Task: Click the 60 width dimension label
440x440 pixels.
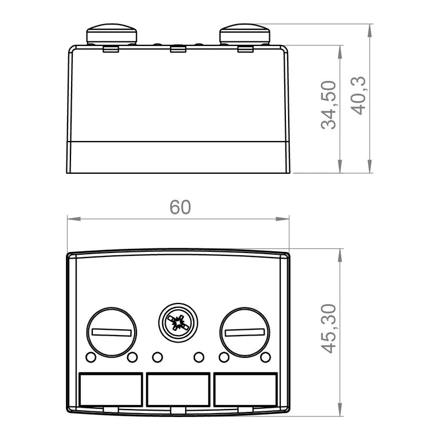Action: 180,207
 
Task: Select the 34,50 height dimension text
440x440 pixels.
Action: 329,105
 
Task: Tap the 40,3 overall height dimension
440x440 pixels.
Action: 359,96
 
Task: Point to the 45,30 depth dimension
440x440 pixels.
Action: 329,329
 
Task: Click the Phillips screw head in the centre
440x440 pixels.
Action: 178,322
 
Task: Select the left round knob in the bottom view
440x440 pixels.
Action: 111,332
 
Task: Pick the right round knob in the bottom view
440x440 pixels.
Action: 245,332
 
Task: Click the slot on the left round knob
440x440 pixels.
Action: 111,332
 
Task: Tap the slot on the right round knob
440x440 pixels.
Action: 245,332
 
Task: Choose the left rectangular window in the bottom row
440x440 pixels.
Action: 111,390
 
